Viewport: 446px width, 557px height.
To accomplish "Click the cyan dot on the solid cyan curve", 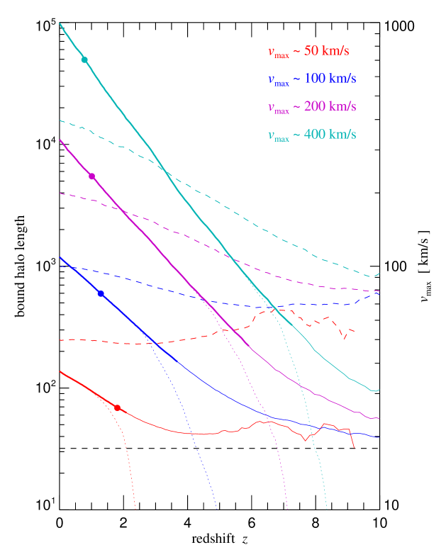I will pos(84,60).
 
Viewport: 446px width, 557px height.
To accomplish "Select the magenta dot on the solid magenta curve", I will pos(91,176).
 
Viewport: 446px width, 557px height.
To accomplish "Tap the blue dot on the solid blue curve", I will pos(101,293).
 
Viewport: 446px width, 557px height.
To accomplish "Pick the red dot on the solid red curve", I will pos(117,408).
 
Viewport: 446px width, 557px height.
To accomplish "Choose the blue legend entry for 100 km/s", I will pos(311,79).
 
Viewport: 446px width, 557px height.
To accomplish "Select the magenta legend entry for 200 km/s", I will pos(311,107).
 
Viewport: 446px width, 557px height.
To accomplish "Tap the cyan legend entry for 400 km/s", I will pos(311,135).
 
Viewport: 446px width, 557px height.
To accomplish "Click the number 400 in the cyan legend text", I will pos(313,135).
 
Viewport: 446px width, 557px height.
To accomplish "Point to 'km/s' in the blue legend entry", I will pos(342,79).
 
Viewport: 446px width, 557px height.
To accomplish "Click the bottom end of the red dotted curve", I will pos(135,508).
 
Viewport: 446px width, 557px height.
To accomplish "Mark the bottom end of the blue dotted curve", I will pos(216,508).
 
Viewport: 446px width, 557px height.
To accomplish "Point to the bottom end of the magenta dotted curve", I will pos(287,508).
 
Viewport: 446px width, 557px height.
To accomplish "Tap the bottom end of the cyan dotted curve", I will pos(327,508).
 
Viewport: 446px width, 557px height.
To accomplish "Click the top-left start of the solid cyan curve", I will pos(60,23).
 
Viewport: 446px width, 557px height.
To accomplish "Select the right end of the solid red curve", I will pos(354,447).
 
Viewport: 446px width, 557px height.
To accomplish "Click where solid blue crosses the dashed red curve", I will pos(153,344).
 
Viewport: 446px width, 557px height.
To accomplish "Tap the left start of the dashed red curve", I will pos(60,340).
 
